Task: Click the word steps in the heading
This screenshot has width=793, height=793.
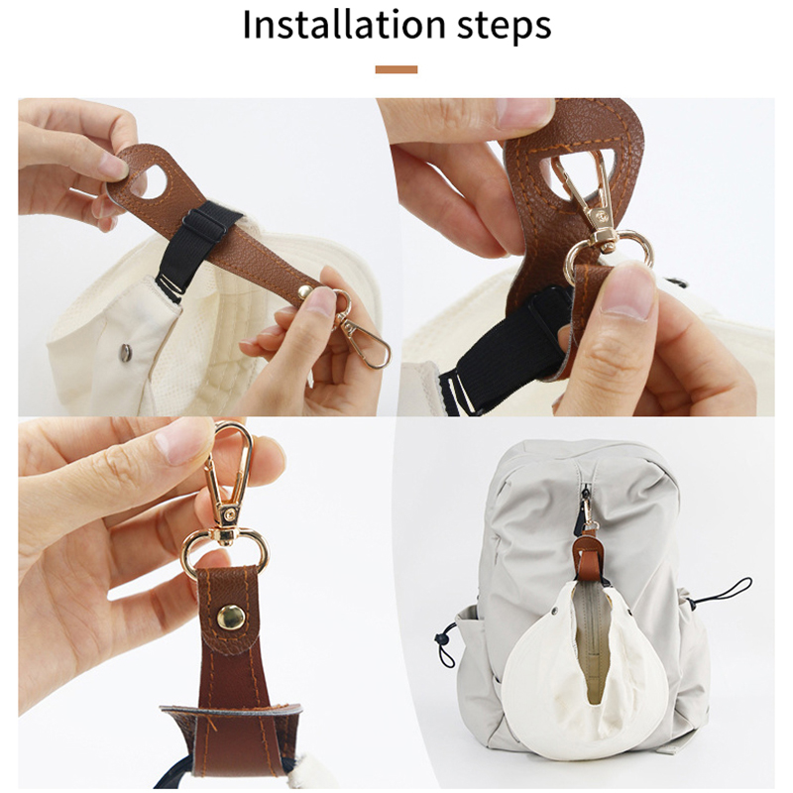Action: click(x=504, y=28)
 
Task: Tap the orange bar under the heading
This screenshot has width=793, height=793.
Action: click(x=396, y=69)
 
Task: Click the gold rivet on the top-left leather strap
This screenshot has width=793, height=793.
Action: click(x=304, y=291)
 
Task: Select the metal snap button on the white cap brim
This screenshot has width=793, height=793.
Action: click(x=125, y=352)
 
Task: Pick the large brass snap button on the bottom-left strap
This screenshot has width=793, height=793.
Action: click(x=231, y=618)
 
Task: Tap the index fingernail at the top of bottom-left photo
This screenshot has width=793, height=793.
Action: click(x=182, y=440)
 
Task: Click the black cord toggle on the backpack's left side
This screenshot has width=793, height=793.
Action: click(x=444, y=638)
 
